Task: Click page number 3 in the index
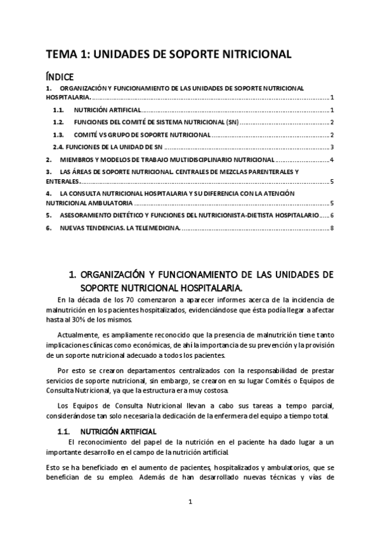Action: (332, 147)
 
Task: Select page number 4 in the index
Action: (332, 160)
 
